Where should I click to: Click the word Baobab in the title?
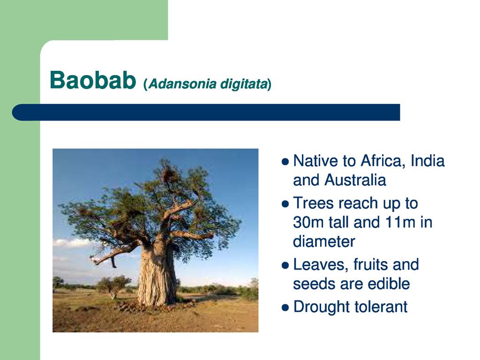(93, 80)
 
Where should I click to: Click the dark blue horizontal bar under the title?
(206, 112)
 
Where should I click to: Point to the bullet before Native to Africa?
(285, 161)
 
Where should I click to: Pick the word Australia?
(355, 180)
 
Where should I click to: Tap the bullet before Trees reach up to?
(285, 204)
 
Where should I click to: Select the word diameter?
(324, 241)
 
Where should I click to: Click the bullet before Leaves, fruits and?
(285, 265)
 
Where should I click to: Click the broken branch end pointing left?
(94, 261)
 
